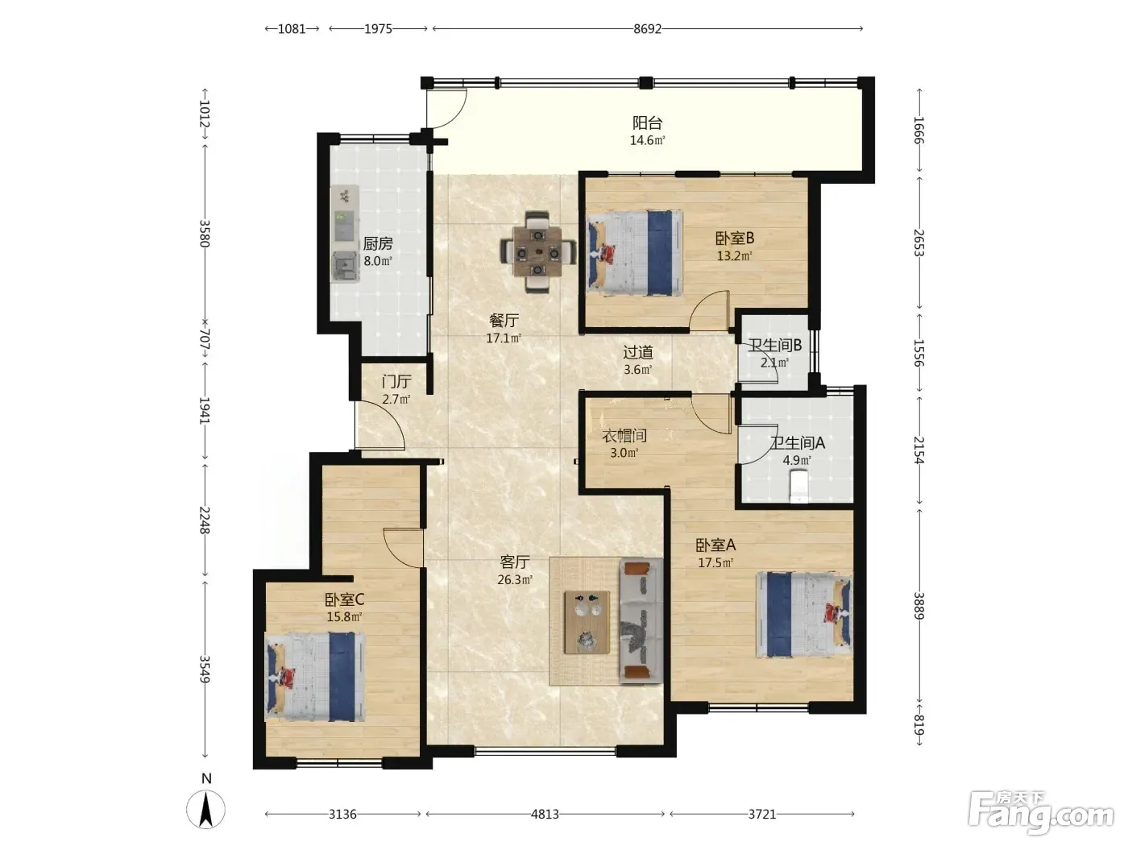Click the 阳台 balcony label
click(x=647, y=123)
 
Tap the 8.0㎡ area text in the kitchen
click(x=378, y=261)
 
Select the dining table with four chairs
click(x=537, y=251)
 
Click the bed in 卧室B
click(x=635, y=252)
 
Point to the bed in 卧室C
click(x=314, y=677)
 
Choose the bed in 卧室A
click(x=804, y=614)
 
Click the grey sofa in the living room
click(x=641, y=621)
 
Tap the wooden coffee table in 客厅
click(x=587, y=622)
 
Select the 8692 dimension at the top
click(x=647, y=29)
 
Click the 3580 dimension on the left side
click(x=205, y=234)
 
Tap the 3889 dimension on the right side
click(x=919, y=606)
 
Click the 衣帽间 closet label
click(x=624, y=436)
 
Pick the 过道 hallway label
click(x=638, y=352)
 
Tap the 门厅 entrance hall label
click(x=396, y=382)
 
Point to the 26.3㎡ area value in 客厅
click(x=514, y=580)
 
